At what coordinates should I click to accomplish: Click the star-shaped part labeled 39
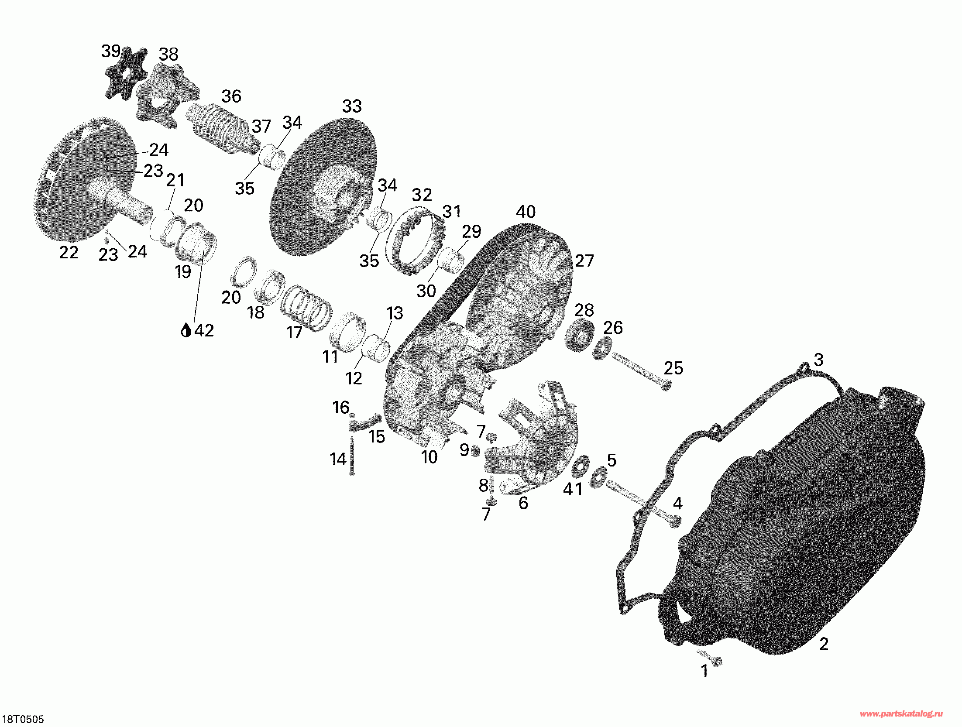(125, 72)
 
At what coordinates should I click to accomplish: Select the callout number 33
(352, 106)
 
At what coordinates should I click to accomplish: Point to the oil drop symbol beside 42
(186, 330)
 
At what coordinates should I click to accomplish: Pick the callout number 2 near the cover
(824, 644)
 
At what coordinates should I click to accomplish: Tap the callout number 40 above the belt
(526, 212)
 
